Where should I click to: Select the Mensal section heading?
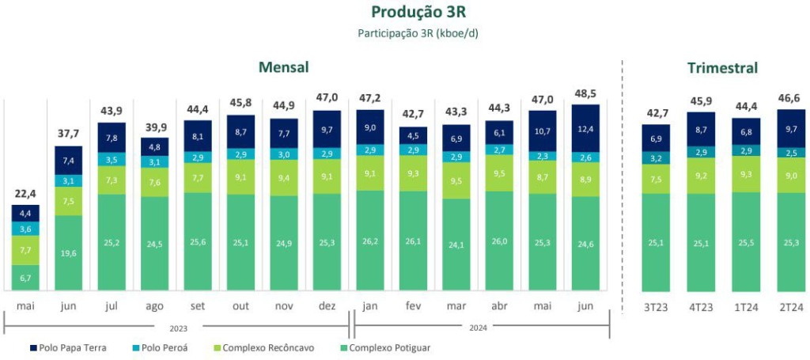click(x=283, y=67)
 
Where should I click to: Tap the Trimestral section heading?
click(x=722, y=68)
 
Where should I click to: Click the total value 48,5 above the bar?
click(x=585, y=93)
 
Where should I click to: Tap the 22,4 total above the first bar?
click(x=25, y=194)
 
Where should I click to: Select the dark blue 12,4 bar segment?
click(x=585, y=128)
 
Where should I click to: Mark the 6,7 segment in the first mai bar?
click(x=25, y=277)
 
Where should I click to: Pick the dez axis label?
click(x=327, y=305)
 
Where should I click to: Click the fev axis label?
click(x=413, y=305)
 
